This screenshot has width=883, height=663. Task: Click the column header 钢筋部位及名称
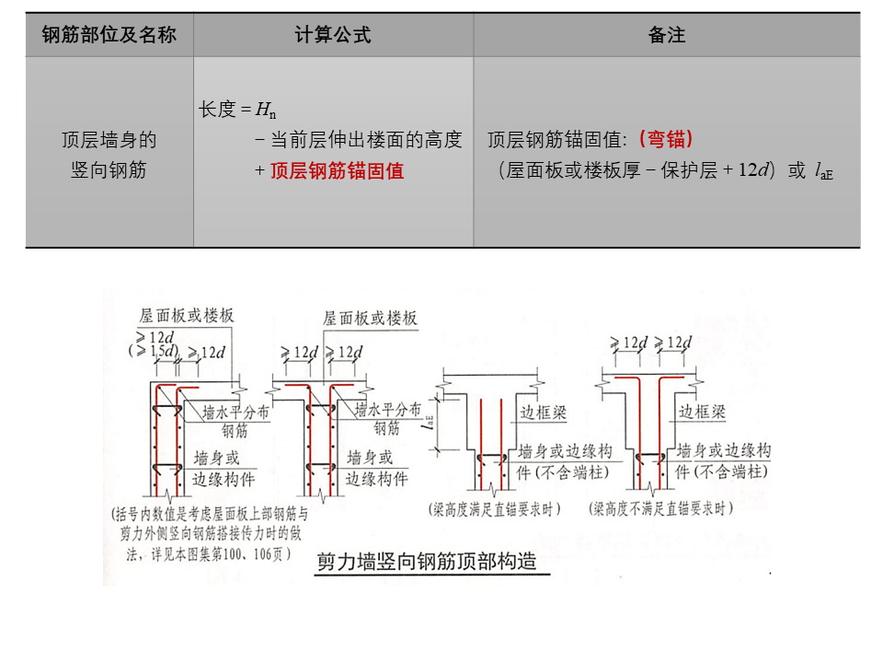[x=109, y=35]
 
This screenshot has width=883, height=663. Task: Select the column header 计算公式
[x=333, y=35]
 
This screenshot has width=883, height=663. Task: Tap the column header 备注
[x=667, y=35]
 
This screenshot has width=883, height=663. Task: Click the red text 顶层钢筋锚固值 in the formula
[x=337, y=170]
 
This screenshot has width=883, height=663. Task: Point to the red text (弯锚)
[x=664, y=140]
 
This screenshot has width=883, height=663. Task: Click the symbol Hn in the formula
[x=266, y=110]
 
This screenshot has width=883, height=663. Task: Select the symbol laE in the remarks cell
[x=824, y=172]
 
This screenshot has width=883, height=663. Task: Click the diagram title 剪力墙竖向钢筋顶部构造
[x=426, y=563]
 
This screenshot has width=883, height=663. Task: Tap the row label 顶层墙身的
[x=109, y=140]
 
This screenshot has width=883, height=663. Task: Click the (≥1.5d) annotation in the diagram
[x=153, y=352]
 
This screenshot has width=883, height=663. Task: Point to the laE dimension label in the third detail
[x=430, y=421]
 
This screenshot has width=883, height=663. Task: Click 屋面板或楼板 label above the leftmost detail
[x=187, y=316]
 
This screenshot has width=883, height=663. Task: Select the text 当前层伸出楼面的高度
[x=365, y=140]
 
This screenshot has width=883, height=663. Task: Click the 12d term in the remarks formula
[x=753, y=171]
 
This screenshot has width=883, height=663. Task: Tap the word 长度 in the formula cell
[x=217, y=110]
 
